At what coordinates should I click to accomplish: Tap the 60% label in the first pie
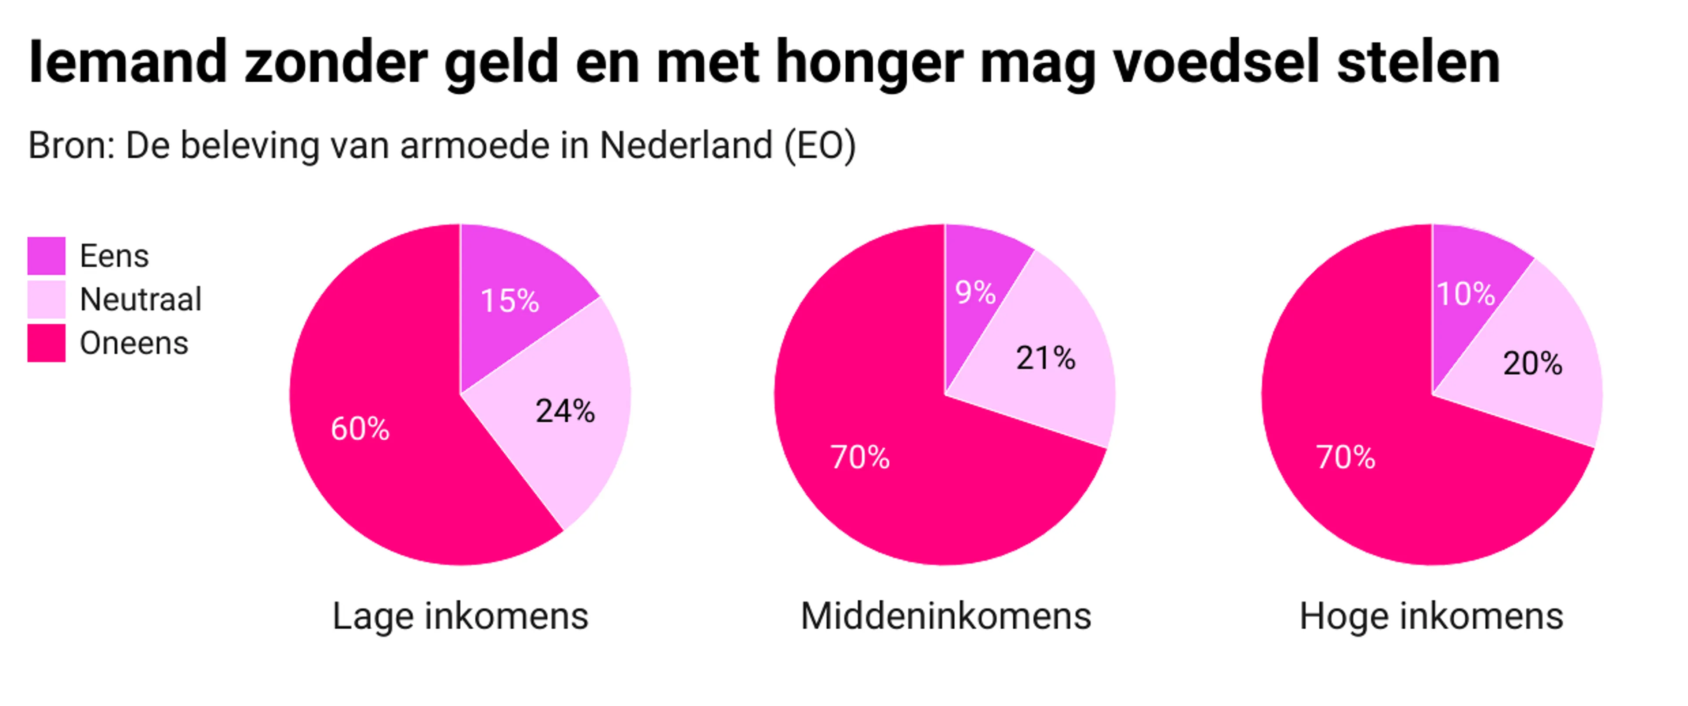pos(360,429)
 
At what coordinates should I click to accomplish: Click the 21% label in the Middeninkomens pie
pos(1045,358)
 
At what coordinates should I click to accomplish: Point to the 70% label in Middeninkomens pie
pos(860,457)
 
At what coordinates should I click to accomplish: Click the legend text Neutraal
pos(140,299)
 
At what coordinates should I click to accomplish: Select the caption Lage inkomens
pos(460,616)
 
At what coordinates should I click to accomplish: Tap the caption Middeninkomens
pos(946,616)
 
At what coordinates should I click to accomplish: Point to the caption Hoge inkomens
pos(1431,616)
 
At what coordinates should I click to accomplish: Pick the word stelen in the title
pos(1418,62)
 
